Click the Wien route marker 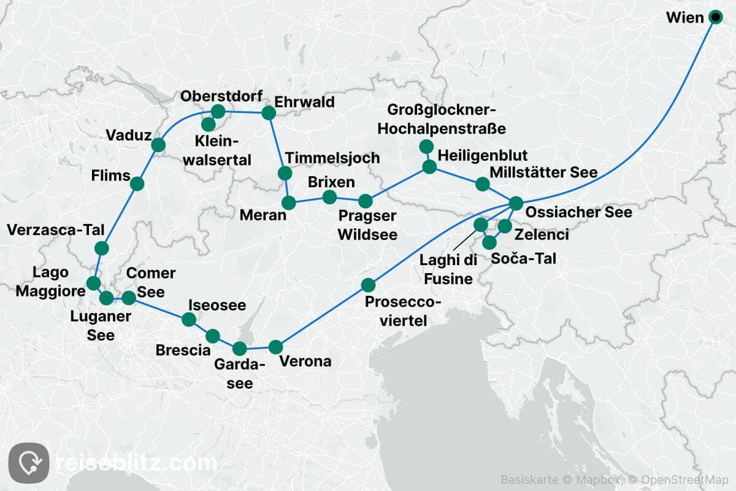click(x=715, y=17)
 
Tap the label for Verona click(x=305, y=361)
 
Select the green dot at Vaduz click(x=158, y=145)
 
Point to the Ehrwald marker click(x=269, y=113)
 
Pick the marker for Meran click(x=289, y=202)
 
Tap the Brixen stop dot click(x=329, y=197)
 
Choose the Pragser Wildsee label click(x=367, y=225)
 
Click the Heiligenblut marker click(x=429, y=166)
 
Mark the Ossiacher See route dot click(x=516, y=203)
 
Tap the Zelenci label click(x=542, y=234)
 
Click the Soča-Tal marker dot click(x=489, y=242)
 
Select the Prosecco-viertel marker click(x=368, y=285)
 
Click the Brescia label click(x=183, y=350)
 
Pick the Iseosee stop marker click(x=189, y=319)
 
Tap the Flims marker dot click(x=137, y=184)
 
